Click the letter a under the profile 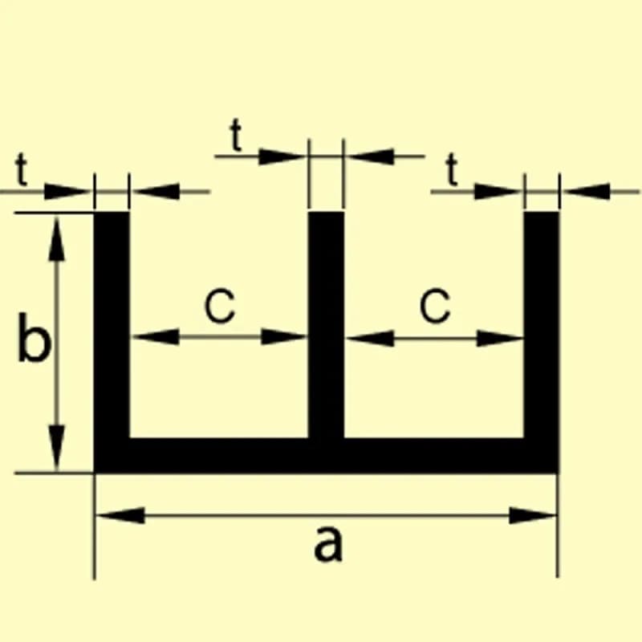tap(328, 545)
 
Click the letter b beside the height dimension tap(35, 337)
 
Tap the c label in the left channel tap(220, 306)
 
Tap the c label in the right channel tap(435, 306)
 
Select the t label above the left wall tap(22, 169)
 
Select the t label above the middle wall tap(236, 135)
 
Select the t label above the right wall tap(452, 169)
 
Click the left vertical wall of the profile tap(112, 323)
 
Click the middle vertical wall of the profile tap(326, 323)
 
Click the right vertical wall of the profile tap(541, 323)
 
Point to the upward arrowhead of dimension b tap(56, 238)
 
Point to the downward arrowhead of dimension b tap(56, 447)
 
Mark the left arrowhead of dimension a tap(120, 515)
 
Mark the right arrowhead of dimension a tap(533, 515)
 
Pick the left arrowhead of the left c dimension tap(155, 336)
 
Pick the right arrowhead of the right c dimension tap(500, 338)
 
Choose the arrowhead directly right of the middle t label tap(282, 156)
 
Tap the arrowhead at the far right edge tap(587, 191)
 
